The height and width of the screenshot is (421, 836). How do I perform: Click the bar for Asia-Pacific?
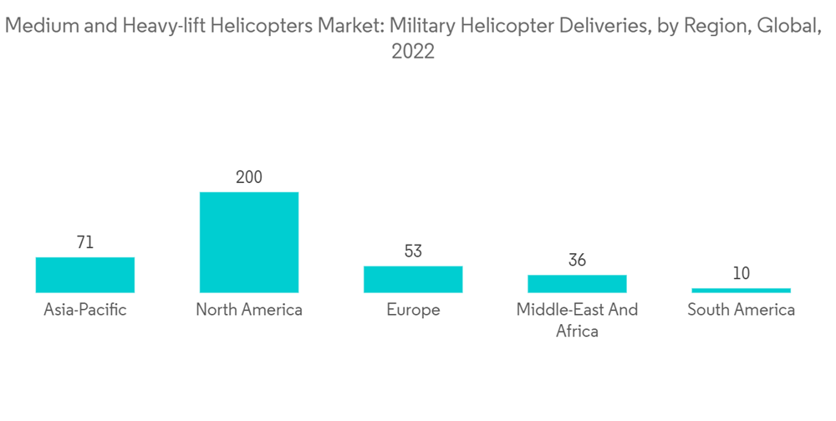85,275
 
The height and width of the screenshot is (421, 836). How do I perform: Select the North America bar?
248,242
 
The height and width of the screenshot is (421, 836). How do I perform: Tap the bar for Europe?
413,279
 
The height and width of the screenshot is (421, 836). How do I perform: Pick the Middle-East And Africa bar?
577,284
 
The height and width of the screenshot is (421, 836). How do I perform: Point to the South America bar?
741,290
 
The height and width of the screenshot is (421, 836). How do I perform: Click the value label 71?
85,243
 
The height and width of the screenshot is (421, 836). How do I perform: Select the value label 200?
248,177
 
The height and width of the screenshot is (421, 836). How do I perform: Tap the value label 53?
413,251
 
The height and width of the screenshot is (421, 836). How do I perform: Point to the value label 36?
577,261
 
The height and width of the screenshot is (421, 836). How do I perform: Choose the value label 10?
741,273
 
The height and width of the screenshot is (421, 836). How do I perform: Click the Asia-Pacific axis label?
85,310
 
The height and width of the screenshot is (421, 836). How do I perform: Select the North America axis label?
248,310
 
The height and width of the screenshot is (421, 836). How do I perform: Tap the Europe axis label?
413,310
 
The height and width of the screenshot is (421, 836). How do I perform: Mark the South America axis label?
741,310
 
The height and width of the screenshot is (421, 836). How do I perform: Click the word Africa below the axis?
577,331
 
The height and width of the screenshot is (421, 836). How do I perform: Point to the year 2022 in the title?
413,52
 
